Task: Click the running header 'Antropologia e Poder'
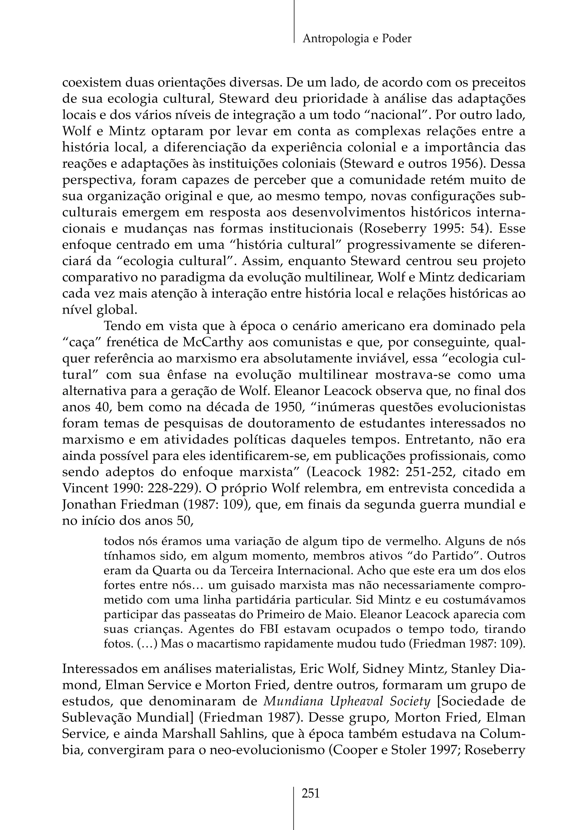tap(357, 38)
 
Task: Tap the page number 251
tap(311, 794)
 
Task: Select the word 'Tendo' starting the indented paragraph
tap(122, 326)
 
